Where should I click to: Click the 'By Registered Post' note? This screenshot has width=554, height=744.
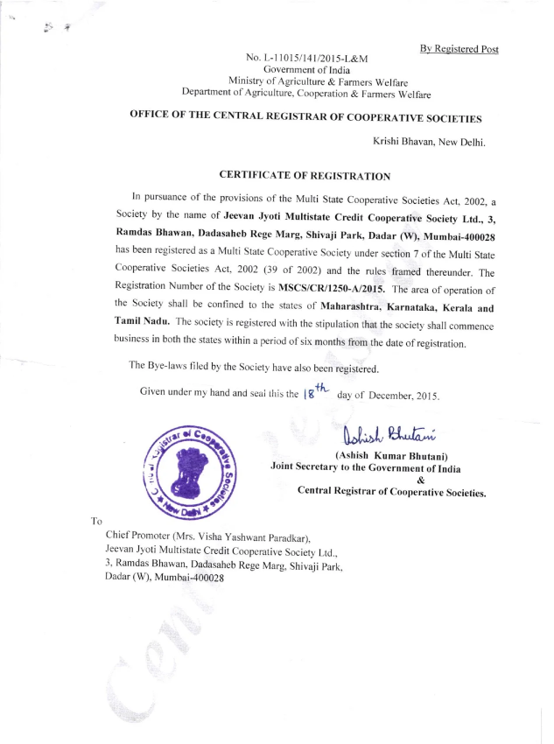pos(459,49)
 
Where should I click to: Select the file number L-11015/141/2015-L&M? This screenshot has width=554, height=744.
pos(307,58)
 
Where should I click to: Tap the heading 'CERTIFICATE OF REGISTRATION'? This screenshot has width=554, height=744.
pos(305,176)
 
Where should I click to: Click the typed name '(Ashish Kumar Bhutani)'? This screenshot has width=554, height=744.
pos(391,455)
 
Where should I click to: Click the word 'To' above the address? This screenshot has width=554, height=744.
pos(96,521)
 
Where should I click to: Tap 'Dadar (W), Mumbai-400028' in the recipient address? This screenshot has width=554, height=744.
pos(165,578)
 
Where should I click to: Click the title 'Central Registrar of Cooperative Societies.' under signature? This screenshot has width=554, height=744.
pos(391,492)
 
